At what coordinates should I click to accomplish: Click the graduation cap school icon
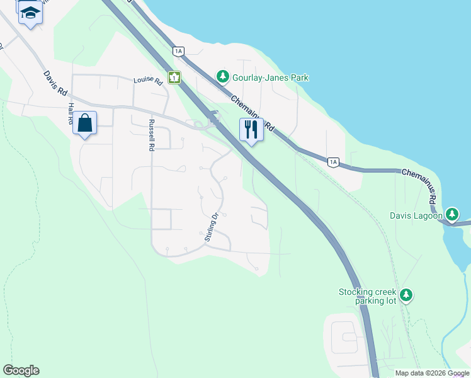click(30, 12)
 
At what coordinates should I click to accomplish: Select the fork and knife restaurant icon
click(251, 130)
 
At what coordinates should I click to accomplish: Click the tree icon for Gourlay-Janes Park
click(222, 77)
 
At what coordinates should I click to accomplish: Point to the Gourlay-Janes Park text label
click(270, 77)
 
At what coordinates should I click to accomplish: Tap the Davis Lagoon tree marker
click(451, 215)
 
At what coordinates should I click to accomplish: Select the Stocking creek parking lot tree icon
click(407, 295)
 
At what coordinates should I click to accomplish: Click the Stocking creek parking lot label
click(368, 296)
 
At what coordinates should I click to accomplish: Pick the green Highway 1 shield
click(174, 77)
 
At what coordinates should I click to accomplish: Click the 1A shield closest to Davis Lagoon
click(333, 163)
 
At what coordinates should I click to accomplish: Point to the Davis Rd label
click(55, 83)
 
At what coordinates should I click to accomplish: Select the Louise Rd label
click(148, 81)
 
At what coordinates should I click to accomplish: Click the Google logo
click(21, 370)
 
